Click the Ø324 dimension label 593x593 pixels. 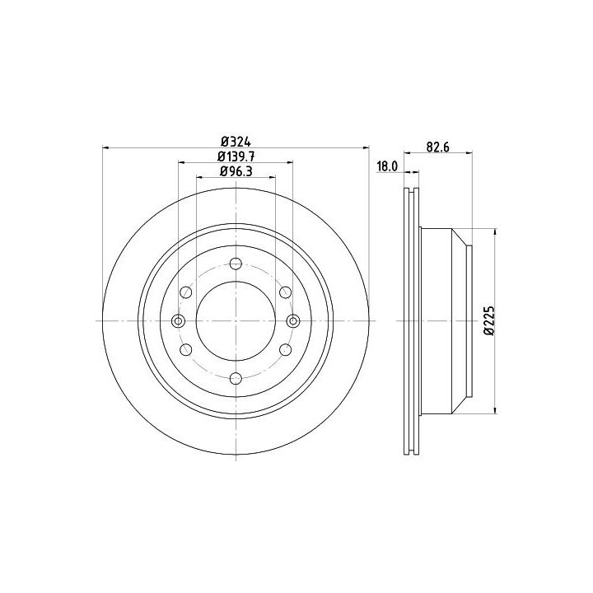236,142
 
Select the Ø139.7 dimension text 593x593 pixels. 236,156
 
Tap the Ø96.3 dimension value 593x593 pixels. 236,171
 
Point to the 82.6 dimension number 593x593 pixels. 438,147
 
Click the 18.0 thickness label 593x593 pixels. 387,166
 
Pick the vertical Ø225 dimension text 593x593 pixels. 489,320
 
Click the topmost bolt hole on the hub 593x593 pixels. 236,264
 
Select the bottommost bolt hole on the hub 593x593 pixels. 236,378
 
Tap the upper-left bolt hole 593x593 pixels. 186,292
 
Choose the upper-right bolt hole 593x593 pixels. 286,292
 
